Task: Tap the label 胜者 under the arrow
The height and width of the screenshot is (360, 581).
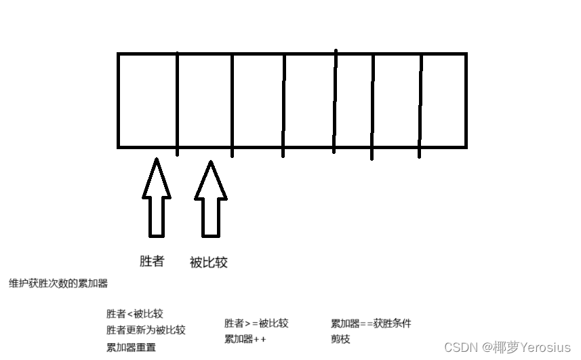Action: (152, 261)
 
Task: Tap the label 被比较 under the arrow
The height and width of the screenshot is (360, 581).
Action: (209, 262)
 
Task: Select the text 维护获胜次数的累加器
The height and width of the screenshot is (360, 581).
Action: (58, 283)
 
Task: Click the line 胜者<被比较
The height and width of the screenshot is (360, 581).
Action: (135, 314)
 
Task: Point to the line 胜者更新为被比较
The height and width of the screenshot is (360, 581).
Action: (146, 330)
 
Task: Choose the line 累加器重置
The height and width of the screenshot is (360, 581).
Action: (131, 347)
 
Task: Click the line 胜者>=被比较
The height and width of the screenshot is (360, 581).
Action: (256, 323)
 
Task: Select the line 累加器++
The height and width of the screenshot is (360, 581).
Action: (245, 339)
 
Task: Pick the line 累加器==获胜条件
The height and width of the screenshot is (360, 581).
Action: (371, 323)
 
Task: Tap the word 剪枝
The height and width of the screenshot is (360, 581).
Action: (340, 339)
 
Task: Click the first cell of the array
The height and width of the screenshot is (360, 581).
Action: (147, 100)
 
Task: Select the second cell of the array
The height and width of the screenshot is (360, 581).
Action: (204, 100)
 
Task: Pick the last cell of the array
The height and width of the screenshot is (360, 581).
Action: (443, 100)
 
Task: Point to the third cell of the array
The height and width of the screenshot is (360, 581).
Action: (258, 100)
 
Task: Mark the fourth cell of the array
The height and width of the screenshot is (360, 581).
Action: (309, 100)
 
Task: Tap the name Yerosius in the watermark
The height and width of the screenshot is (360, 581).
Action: (545, 347)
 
